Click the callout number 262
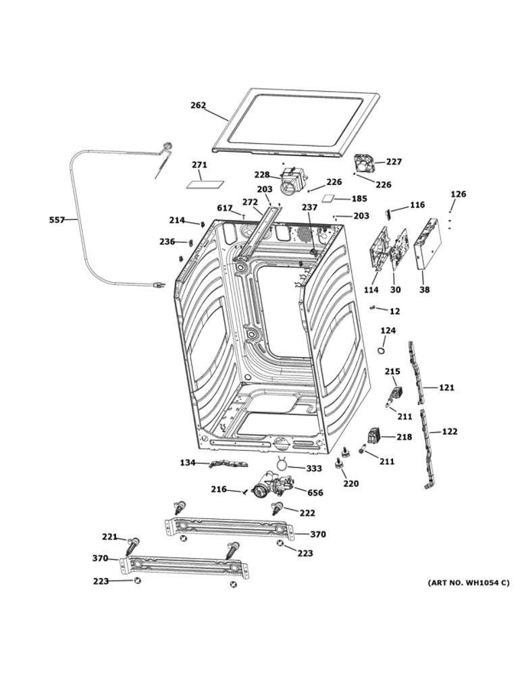coord(198,105)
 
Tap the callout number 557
coord(58,220)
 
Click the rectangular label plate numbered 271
coord(201,182)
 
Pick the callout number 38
coord(424,290)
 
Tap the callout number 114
coord(371,290)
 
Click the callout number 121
coord(447,387)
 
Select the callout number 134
coord(187,463)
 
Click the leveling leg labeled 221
coord(134,543)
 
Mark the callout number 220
coord(350,483)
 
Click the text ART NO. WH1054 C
coord(468,583)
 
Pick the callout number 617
coord(225,208)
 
